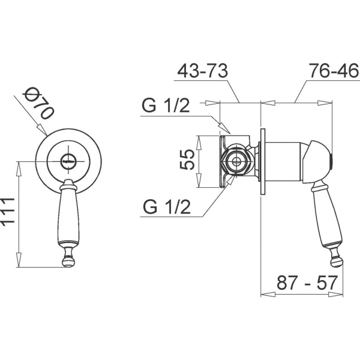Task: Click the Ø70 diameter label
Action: (x=39, y=104)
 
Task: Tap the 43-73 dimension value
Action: (x=203, y=70)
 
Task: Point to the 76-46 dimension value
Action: (x=334, y=70)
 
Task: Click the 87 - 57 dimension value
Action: (x=307, y=283)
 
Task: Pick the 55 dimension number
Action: (x=187, y=160)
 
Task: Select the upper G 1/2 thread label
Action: (x=166, y=106)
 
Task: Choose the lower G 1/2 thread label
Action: (x=167, y=207)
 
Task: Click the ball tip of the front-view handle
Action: (x=68, y=262)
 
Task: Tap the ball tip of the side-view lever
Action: (x=337, y=262)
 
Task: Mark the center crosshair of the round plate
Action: (x=68, y=161)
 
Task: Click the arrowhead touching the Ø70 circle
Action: (x=43, y=130)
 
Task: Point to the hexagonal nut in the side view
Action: (x=235, y=161)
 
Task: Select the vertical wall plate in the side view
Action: (x=263, y=161)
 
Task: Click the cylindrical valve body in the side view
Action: (x=284, y=161)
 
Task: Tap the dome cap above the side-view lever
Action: (x=318, y=161)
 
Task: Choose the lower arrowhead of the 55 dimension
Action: (x=199, y=181)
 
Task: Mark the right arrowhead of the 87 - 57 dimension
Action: (x=336, y=294)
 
